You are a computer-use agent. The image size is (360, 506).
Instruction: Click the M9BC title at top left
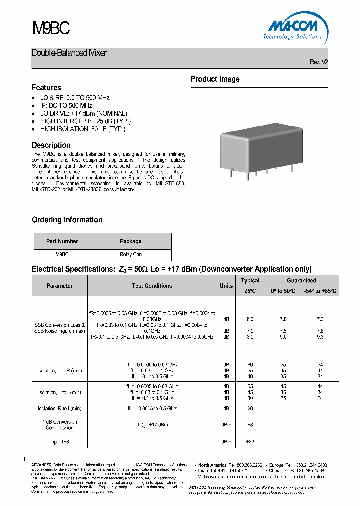51,29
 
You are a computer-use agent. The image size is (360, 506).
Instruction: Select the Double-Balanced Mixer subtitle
69,53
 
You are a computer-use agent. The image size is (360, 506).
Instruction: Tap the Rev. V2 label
319,62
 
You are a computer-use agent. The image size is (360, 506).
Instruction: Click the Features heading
46,87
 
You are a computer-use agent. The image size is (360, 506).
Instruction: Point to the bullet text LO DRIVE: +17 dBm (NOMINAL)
83,113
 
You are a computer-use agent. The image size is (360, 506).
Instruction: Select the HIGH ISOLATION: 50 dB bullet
83,129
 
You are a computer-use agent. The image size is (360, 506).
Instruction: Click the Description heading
51,145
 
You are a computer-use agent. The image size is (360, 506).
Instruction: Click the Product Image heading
215,79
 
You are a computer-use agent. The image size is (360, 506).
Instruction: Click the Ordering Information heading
67,220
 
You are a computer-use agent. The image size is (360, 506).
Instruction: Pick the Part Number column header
62,241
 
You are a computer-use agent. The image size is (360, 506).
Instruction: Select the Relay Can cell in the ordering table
130,254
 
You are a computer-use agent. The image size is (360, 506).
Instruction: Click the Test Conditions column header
152,286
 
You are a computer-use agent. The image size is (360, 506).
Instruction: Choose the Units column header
226,286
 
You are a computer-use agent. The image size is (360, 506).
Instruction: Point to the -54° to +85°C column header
320,291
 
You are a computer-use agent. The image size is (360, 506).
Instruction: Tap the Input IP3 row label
59,442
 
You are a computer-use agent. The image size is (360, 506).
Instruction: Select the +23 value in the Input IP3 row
250,442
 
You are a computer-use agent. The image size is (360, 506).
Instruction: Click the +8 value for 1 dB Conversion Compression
250,424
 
